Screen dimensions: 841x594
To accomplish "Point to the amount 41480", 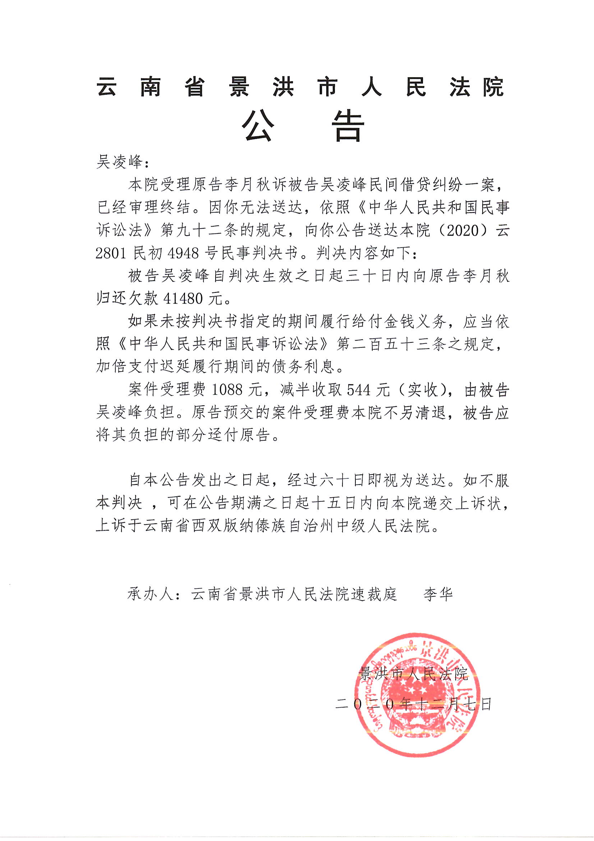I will click(x=183, y=299).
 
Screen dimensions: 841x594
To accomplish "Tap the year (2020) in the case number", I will click(x=463, y=231).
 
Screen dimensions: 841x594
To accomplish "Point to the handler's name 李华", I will click(x=438, y=594).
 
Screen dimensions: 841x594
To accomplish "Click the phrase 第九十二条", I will click(x=199, y=231).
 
